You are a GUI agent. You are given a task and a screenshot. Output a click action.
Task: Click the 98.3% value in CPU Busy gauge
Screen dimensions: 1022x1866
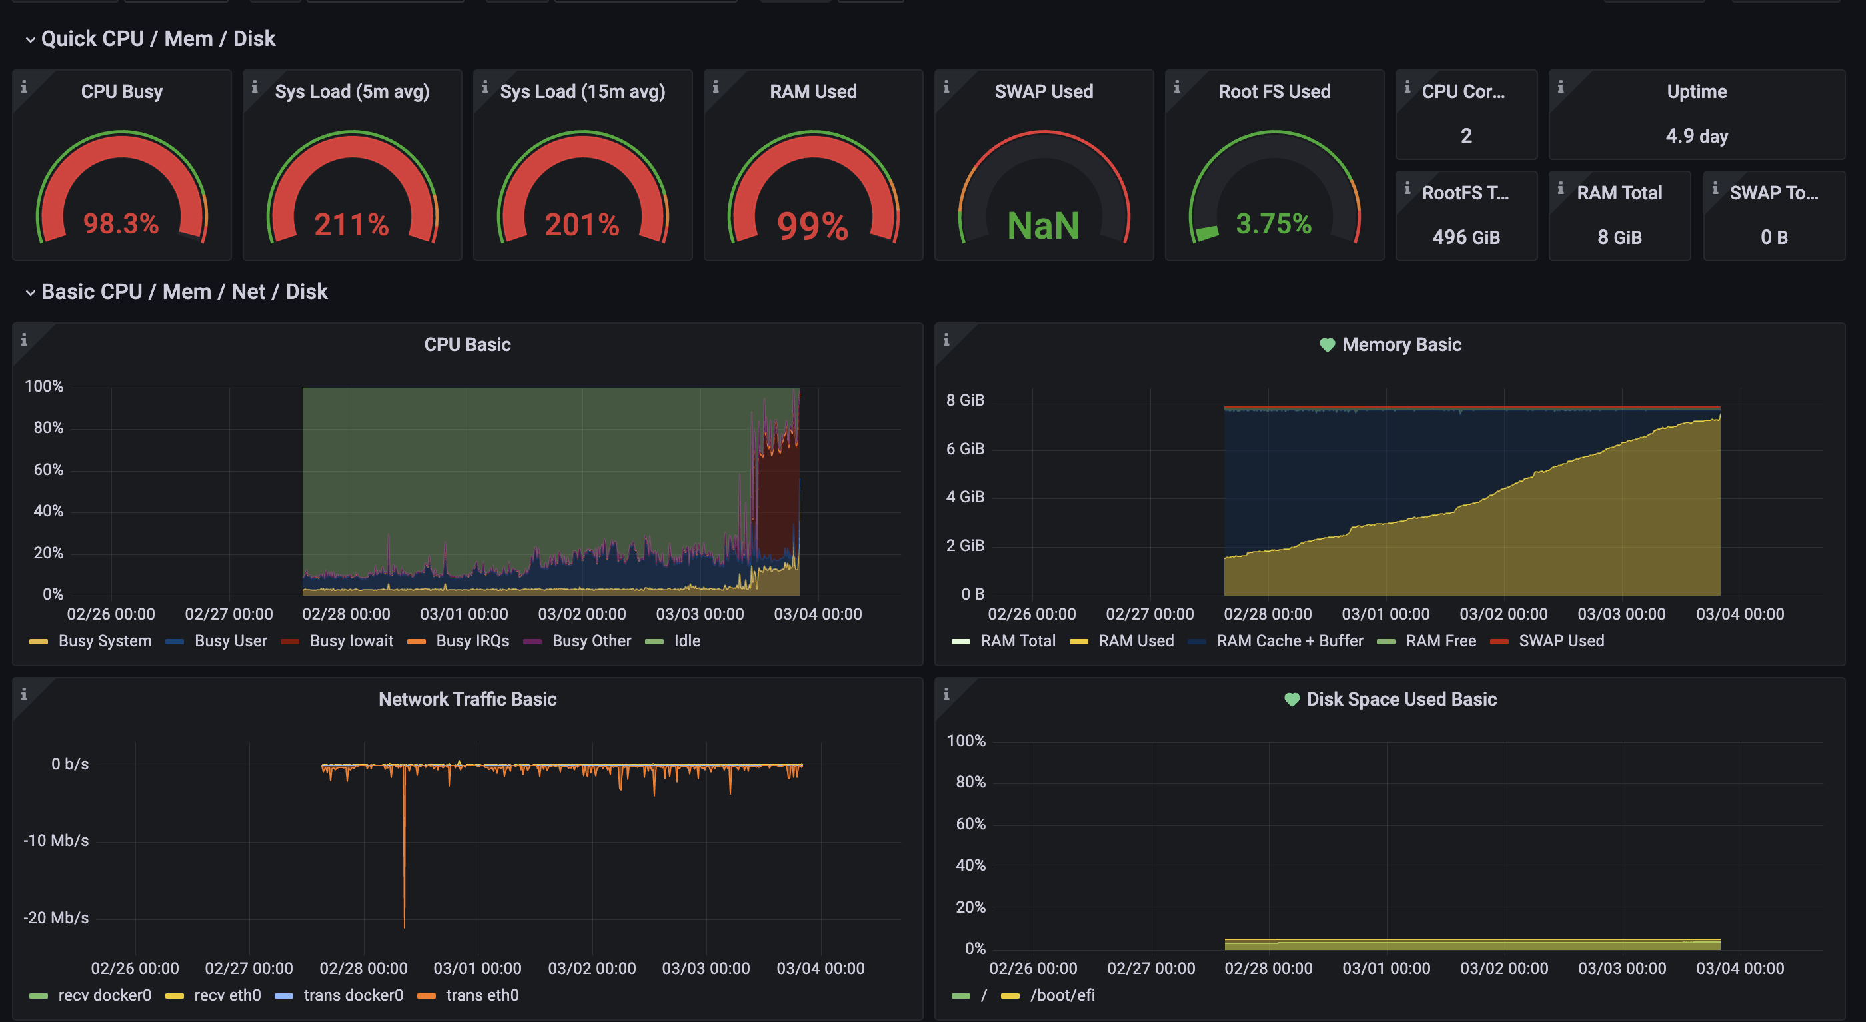point(121,224)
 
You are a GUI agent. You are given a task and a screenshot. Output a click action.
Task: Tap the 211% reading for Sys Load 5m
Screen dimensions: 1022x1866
point(351,225)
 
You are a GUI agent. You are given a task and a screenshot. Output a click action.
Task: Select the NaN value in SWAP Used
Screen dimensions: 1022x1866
point(1043,225)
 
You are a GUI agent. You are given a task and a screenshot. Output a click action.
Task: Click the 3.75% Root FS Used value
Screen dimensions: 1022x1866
point(1274,224)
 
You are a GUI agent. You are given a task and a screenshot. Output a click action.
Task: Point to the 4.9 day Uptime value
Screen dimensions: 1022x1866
point(1697,136)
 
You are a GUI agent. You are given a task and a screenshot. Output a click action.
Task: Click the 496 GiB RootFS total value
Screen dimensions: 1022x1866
point(1466,238)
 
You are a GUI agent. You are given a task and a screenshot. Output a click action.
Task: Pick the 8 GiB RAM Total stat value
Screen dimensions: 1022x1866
point(1619,238)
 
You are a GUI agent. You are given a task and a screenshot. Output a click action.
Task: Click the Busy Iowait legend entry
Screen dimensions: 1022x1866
point(351,641)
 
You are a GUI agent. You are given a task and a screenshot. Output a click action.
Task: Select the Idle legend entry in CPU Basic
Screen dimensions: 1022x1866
point(686,641)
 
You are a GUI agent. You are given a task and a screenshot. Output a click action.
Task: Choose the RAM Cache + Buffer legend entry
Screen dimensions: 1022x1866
point(1290,641)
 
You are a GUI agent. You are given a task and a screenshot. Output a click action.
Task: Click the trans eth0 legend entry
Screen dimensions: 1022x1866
point(482,995)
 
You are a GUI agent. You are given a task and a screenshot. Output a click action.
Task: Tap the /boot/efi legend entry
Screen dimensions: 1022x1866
point(1062,995)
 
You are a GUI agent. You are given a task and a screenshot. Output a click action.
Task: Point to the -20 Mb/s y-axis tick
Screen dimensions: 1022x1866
point(56,919)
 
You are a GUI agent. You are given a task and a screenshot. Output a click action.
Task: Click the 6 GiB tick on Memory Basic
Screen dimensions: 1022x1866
point(965,449)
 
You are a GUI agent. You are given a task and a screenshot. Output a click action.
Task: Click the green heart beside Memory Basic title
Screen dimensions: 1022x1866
point(1327,346)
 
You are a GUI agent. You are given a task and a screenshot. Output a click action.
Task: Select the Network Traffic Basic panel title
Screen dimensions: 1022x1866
point(467,699)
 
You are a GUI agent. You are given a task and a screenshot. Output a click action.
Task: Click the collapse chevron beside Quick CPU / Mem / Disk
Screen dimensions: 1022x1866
point(30,40)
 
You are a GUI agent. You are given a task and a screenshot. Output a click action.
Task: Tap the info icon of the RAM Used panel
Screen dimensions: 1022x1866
point(716,87)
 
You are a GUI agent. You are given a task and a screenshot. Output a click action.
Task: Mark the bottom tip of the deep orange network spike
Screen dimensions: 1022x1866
point(405,925)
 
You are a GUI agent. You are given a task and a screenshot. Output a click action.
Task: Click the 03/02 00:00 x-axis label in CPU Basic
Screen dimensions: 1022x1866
point(582,614)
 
